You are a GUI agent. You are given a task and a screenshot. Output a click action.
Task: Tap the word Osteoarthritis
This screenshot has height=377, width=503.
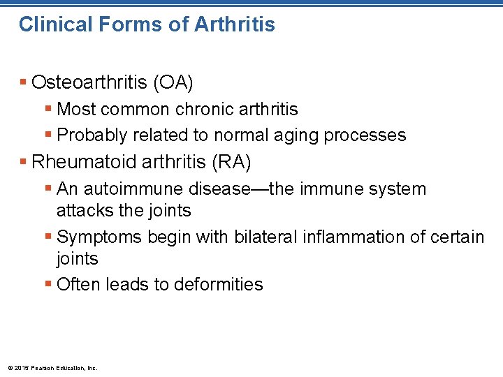click(x=85, y=83)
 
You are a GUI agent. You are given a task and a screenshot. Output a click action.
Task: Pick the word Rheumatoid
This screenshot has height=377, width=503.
click(x=83, y=163)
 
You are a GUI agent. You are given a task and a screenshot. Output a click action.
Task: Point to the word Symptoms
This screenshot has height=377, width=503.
click(x=99, y=238)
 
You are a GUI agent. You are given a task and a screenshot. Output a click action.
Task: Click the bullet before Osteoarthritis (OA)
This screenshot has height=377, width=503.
click(x=24, y=83)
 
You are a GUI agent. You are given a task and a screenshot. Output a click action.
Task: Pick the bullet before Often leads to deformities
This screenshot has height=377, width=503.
click(x=48, y=284)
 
